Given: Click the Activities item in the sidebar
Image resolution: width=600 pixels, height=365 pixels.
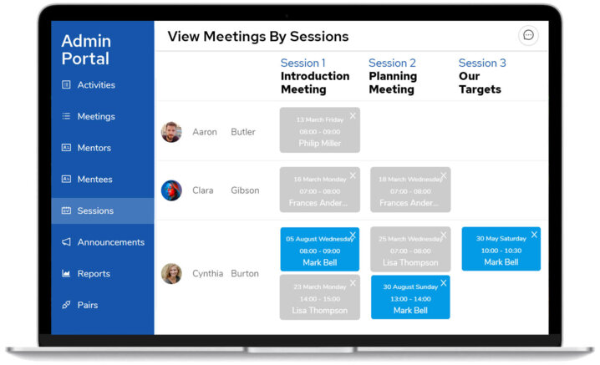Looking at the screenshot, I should [95, 85].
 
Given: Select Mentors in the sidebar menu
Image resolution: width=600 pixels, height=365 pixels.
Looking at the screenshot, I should [94, 148].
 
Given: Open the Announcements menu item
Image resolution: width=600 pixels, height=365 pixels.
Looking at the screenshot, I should [110, 242].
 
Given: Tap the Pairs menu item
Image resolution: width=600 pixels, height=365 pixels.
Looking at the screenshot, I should [87, 305].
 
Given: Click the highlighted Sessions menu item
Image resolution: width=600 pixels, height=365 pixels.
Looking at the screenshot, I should [95, 211].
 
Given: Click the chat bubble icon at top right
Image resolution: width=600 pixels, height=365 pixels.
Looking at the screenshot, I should [528, 35].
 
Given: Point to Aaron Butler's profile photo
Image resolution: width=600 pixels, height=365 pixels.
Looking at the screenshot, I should [171, 132].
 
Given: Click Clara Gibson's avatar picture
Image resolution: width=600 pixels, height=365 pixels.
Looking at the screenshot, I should [171, 190].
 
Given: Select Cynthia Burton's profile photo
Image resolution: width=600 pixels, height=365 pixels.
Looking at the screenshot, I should [171, 273].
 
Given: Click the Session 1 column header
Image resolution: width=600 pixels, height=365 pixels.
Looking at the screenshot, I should [303, 63].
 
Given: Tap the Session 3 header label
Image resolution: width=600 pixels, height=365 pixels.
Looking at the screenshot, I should [482, 63].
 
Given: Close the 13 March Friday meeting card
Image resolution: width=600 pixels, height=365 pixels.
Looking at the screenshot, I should [353, 115].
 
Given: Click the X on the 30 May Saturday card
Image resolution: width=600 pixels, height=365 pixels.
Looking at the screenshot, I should [534, 235].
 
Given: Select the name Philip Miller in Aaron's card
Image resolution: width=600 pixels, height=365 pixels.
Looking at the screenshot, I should [319, 144].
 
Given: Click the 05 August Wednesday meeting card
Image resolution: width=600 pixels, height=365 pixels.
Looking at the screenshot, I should [319, 250].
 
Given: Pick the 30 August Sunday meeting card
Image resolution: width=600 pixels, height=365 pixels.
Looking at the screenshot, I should [409, 297].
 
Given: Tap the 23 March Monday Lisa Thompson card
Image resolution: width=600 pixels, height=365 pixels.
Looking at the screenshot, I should [319, 297].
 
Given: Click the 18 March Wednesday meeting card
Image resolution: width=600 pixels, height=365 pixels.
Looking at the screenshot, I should [409, 190].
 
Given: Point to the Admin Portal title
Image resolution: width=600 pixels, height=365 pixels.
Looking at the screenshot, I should [85, 50].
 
